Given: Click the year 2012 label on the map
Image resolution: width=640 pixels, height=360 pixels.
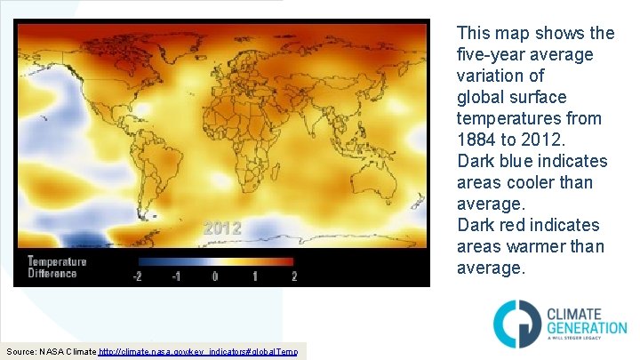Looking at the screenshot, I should click(x=221, y=228).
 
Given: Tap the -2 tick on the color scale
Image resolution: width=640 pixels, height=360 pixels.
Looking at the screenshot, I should click(x=138, y=276).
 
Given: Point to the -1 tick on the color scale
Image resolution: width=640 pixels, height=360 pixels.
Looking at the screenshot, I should click(x=176, y=276).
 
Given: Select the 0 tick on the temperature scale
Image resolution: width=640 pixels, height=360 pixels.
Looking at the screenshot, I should click(x=215, y=276).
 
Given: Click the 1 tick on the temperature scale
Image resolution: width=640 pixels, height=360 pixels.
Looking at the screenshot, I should click(x=254, y=276).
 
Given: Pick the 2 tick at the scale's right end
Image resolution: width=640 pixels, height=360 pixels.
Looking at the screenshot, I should click(x=293, y=276).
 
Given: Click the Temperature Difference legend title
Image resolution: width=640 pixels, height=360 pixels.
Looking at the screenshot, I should click(x=57, y=268).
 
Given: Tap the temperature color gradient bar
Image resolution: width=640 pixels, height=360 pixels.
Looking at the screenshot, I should click(x=216, y=262).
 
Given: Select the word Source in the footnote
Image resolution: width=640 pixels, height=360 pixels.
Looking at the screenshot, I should click(x=21, y=353).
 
